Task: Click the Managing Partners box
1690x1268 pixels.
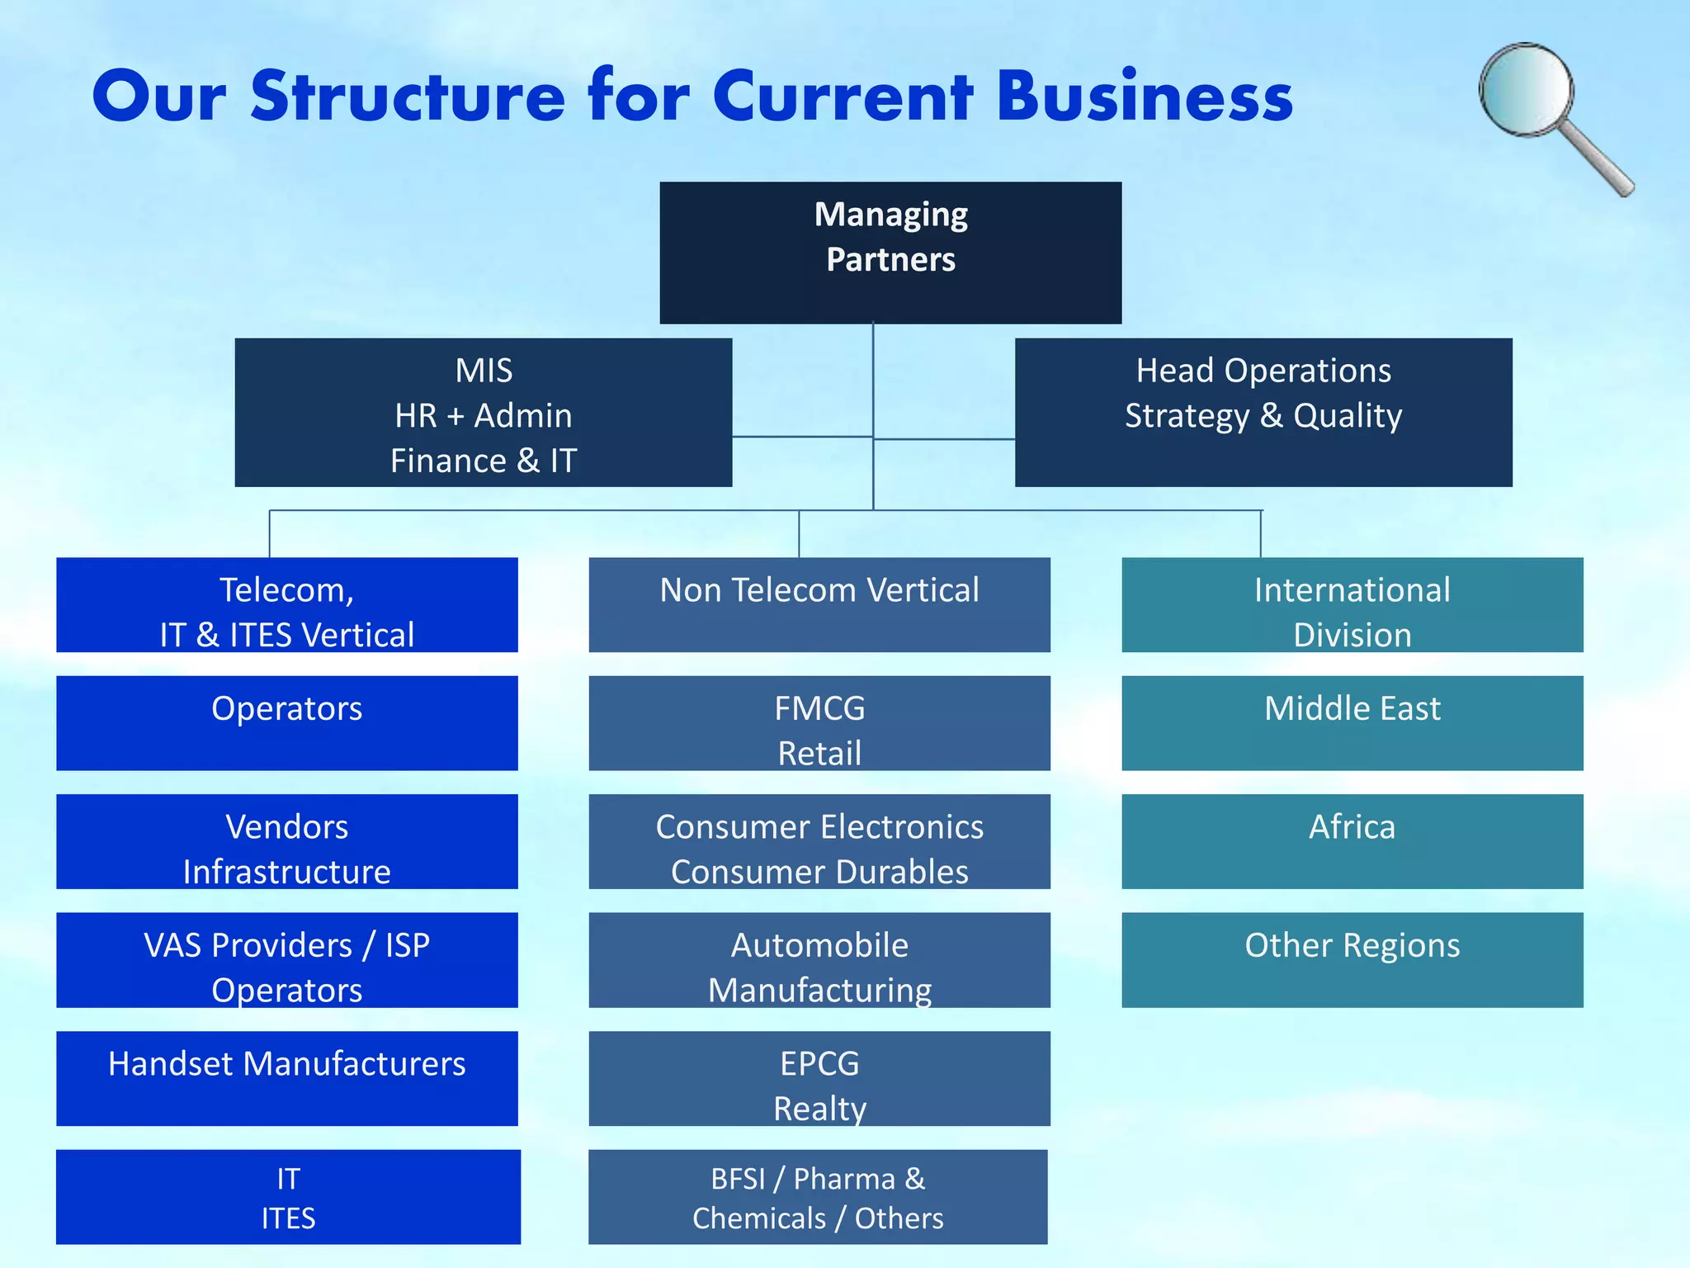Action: [890, 252]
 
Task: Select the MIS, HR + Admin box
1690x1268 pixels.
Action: [483, 412]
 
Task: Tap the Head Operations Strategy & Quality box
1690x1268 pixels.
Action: [1263, 412]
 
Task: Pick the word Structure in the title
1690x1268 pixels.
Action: [408, 97]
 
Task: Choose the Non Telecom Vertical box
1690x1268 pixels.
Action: [819, 604]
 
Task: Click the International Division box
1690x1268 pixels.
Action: [1352, 604]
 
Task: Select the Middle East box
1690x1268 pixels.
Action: [1352, 722]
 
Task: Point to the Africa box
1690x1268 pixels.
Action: [1352, 841]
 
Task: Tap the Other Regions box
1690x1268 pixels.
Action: [1352, 959]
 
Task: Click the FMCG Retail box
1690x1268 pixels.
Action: [819, 722]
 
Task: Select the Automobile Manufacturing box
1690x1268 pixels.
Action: [819, 959]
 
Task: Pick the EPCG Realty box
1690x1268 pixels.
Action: [819, 1078]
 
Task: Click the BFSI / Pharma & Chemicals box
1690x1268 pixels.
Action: [818, 1196]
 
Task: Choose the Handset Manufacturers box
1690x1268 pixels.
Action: [286, 1078]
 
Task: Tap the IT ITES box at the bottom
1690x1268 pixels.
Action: [288, 1196]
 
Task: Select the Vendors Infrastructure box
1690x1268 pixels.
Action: [286, 841]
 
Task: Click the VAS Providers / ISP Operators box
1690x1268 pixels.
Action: [286, 959]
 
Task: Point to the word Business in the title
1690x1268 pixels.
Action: [1145, 97]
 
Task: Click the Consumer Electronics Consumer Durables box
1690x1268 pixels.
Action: [819, 841]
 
